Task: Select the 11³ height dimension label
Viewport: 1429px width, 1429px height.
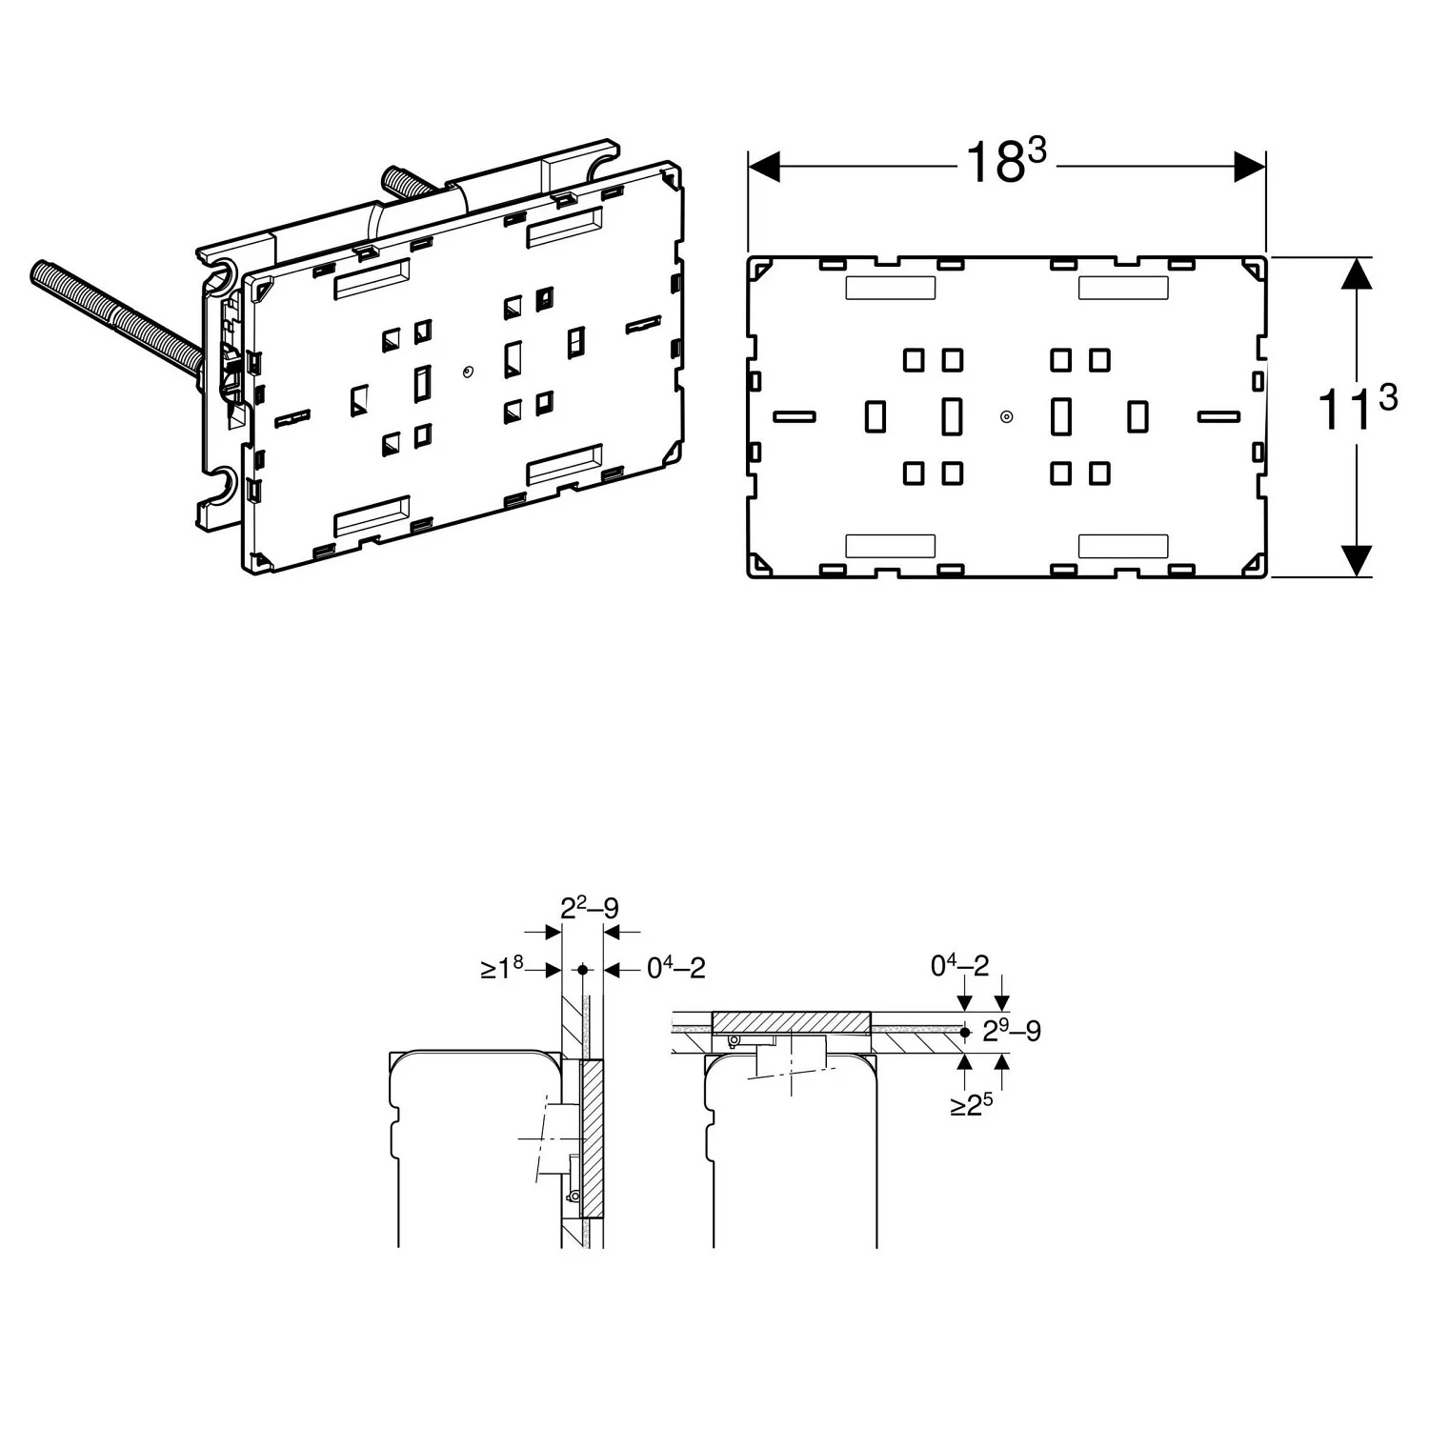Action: point(1357,408)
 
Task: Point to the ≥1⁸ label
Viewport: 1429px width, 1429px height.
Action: point(502,969)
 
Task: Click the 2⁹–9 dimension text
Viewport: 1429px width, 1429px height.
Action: point(1012,1031)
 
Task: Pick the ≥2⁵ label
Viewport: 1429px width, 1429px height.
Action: point(972,1105)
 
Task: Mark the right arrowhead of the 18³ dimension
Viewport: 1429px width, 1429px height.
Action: point(1250,167)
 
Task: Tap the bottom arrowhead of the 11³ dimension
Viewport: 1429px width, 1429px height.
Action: point(1357,561)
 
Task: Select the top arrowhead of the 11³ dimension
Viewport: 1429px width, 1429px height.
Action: point(1357,273)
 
